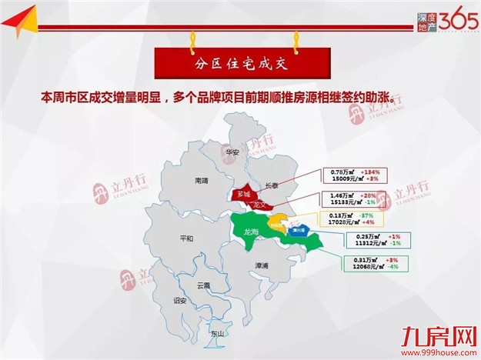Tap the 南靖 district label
202,181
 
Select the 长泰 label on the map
274,185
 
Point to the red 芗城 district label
244,193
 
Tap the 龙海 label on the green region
250,232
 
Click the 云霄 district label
204,285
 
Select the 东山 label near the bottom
217,333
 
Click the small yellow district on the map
279,225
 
